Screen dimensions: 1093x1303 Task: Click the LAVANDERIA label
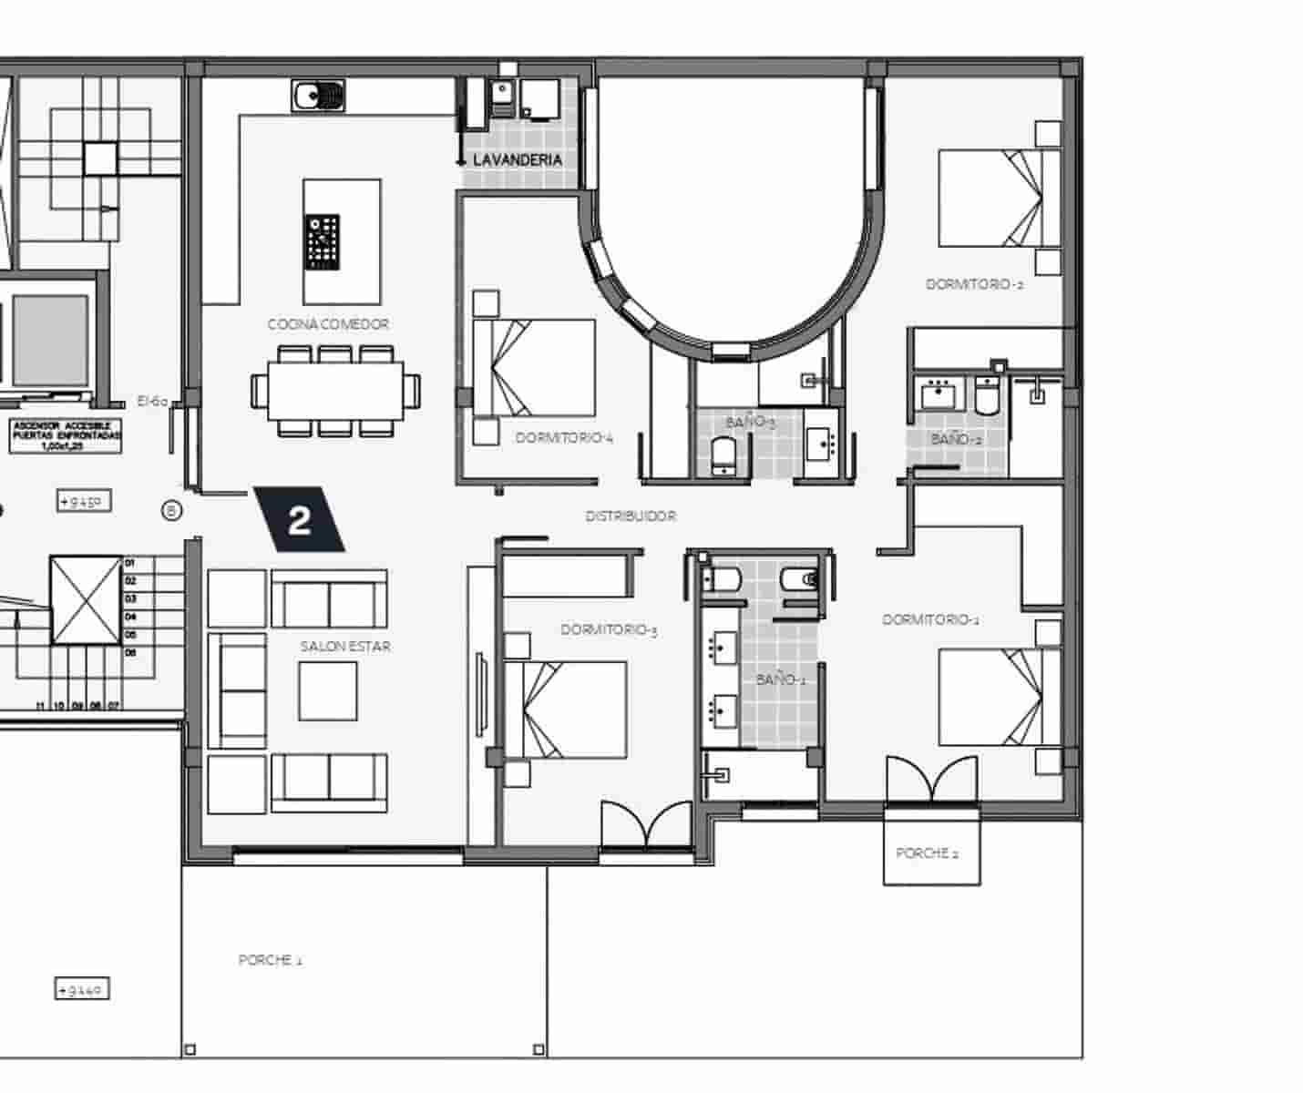point(517,160)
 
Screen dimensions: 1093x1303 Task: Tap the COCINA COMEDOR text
point(328,324)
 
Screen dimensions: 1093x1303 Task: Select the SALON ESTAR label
point(345,647)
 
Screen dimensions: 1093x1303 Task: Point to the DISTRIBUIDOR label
point(631,516)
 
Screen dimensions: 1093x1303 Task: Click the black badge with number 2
point(299,520)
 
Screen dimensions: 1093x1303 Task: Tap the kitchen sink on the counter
point(318,95)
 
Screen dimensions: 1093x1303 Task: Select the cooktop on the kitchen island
point(323,243)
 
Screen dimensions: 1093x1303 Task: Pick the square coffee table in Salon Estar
point(327,690)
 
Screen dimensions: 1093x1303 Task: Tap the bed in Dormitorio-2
point(1000,199)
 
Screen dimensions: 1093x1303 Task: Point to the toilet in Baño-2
point(988,395)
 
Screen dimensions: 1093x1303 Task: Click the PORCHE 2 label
point(927,853)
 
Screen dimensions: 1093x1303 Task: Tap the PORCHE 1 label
point(270,960)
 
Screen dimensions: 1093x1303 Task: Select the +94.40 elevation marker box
point(82,988)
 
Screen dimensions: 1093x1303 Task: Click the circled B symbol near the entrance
point(171,511)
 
